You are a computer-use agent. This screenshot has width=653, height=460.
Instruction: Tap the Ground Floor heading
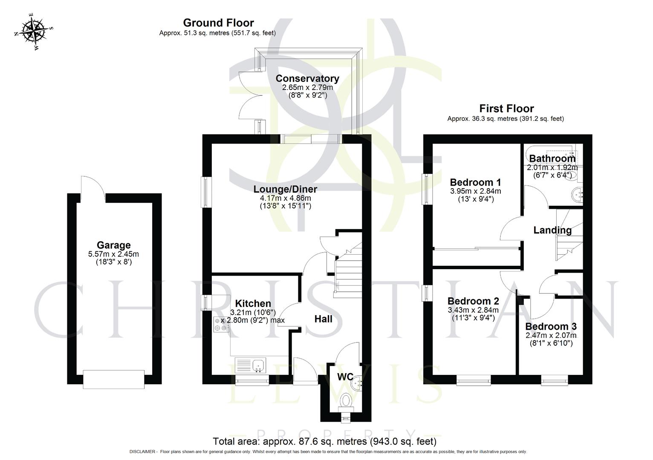[218, 23]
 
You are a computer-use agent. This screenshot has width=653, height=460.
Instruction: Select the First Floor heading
[506, 109]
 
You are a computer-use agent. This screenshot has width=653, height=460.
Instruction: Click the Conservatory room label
[307, 78]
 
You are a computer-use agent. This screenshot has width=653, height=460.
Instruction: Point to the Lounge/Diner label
[285, 189]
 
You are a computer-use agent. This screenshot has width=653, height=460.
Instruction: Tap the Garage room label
[113, 245]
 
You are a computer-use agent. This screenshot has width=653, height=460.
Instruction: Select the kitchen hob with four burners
[220, 325]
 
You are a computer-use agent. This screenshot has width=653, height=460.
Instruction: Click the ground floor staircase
[347, 273]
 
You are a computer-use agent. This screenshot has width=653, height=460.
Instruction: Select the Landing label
[552, 230]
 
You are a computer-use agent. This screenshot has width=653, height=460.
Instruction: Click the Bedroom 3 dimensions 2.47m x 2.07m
[551, 335]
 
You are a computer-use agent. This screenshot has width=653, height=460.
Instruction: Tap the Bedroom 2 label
[473, 301]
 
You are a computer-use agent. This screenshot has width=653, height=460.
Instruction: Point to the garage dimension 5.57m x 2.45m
[113, 254]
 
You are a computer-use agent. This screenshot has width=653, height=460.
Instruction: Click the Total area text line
[324, 441]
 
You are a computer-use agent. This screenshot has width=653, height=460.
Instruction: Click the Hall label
[323, 319]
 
